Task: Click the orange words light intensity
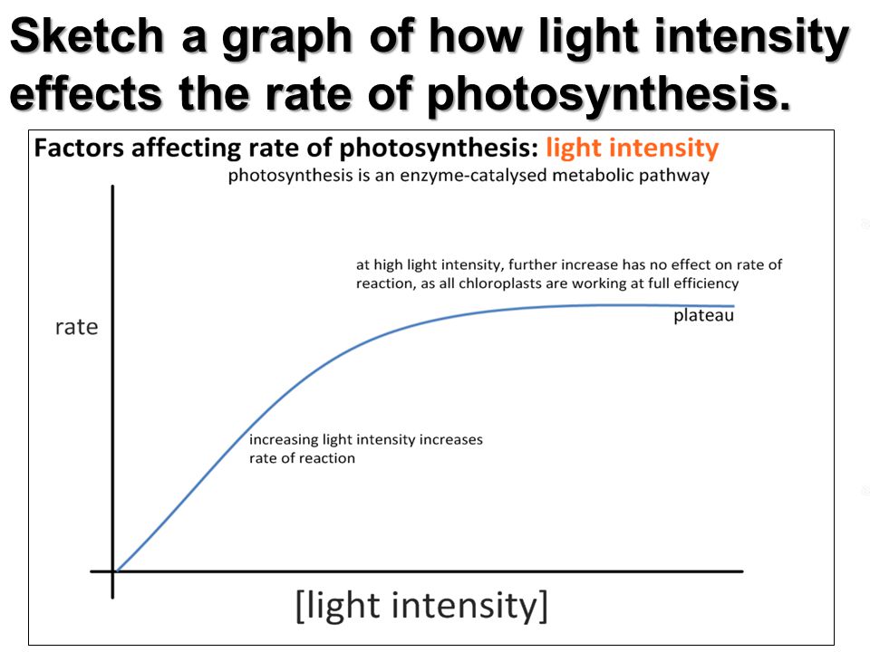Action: point(633,149)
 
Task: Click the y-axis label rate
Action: point(76,327)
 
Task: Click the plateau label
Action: point(703,316)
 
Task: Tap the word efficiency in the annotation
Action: point(706,283)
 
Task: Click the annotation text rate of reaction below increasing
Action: point(302,458)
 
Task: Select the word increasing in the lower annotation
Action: point(285,440)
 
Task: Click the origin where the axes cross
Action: point(113,571)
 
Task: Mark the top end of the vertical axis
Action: point(113,187)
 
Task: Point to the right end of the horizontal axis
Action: point(741,571)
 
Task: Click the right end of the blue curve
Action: point(732,307)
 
